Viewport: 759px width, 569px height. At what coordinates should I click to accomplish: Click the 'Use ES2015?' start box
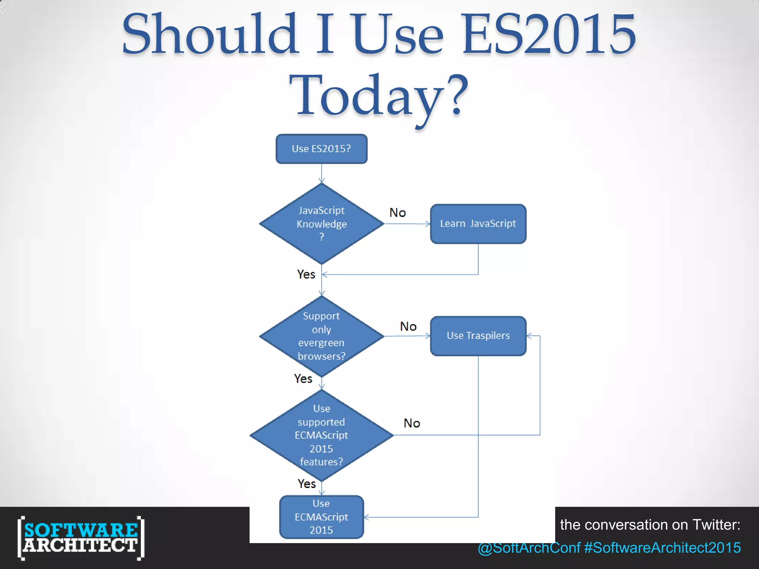coord(321,149)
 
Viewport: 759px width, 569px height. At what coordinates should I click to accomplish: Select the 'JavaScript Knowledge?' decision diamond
coord(321,224)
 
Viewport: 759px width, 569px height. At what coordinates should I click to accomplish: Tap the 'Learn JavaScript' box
coord(478,224)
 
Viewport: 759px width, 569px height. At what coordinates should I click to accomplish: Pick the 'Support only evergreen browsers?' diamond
coord(321,336)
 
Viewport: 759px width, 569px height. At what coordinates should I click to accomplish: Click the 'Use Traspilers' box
coord(478,336)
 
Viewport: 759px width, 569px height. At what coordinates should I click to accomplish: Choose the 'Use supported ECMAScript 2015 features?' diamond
coord(321,435)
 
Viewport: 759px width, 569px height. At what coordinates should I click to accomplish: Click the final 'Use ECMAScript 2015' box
coord(321,517)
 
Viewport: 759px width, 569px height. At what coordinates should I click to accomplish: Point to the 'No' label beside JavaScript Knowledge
coord(398,213)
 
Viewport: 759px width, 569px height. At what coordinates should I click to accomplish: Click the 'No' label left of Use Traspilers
coord(408,326)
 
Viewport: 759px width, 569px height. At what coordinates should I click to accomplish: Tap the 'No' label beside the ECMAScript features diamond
coord(412,423)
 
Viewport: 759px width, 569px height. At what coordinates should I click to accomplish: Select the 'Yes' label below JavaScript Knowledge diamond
coord(306,274)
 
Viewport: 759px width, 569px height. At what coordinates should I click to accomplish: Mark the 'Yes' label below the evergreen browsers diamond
coord(303,379)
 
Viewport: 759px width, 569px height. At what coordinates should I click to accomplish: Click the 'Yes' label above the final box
coord(307,484)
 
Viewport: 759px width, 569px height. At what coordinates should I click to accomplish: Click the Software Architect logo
coord(81,538)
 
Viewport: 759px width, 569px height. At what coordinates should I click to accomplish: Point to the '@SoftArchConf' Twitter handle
coord(529,548)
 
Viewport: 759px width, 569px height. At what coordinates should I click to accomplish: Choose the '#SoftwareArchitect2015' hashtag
coord(662,548)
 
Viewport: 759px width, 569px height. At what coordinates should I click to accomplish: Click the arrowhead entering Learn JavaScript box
coord(428,224)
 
